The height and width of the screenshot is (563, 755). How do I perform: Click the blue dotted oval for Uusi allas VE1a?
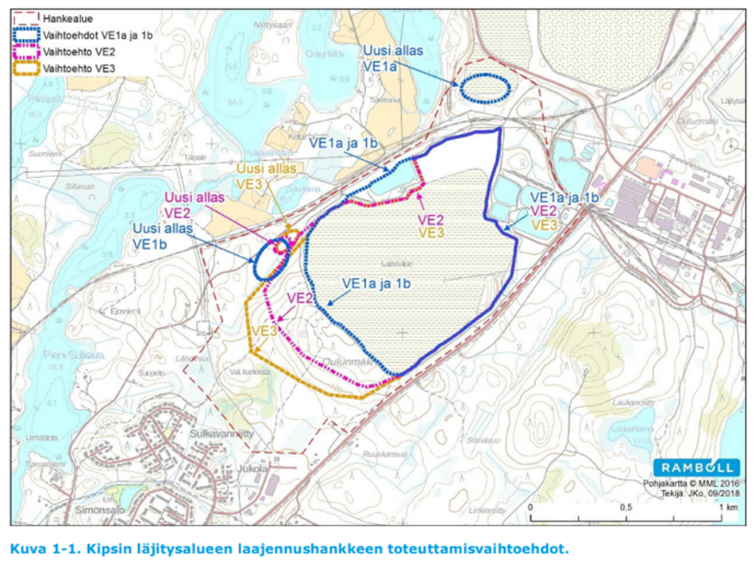pyautogui.click(x=484, y=87)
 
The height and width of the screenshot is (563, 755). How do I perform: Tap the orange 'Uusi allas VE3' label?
pyautogui.click(x=266, y=175)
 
